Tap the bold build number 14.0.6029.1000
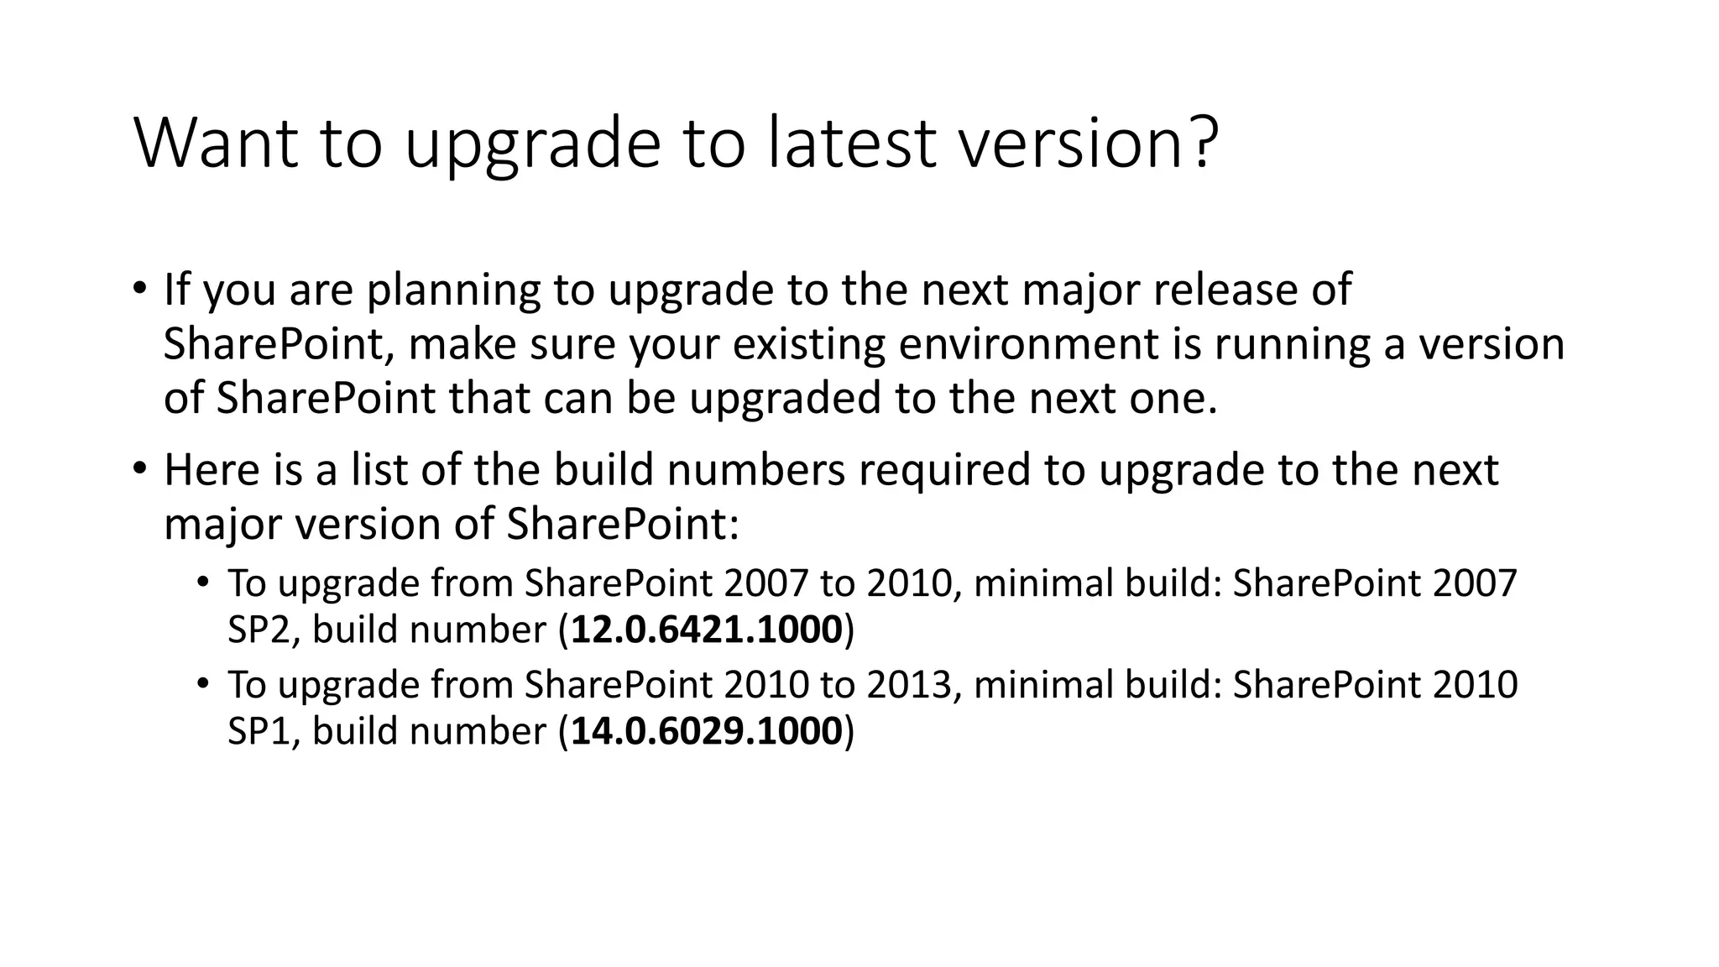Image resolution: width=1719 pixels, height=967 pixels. [x=706, y=731]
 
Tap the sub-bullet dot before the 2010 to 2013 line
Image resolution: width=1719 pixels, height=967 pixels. [x=202, y=683]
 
